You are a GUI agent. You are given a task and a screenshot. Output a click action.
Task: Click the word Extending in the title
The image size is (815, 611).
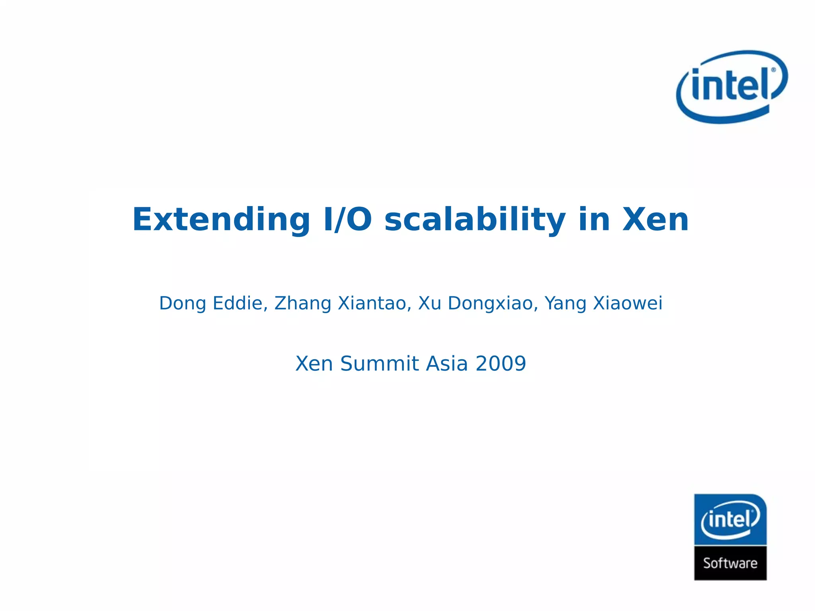pos(221,220)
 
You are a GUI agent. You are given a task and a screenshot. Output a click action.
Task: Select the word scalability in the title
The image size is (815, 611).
pos(475,220)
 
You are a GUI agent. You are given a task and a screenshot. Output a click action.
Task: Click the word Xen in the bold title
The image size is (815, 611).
pos(655,220)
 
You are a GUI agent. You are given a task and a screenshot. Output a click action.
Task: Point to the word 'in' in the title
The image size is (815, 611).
pos(594,220)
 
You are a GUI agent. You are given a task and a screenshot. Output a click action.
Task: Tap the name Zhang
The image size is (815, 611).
pos(303,304)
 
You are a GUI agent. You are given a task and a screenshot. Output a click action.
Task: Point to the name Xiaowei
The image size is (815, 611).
pos(628,304)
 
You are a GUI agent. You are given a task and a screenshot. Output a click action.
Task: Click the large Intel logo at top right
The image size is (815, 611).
pos(731,87)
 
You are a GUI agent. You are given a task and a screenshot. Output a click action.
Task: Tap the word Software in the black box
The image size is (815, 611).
pos(730,563)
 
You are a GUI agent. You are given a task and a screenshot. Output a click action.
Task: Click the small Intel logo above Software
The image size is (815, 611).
pos(730,520)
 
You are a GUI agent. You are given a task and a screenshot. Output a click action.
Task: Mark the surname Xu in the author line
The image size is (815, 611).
pos(430,304)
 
